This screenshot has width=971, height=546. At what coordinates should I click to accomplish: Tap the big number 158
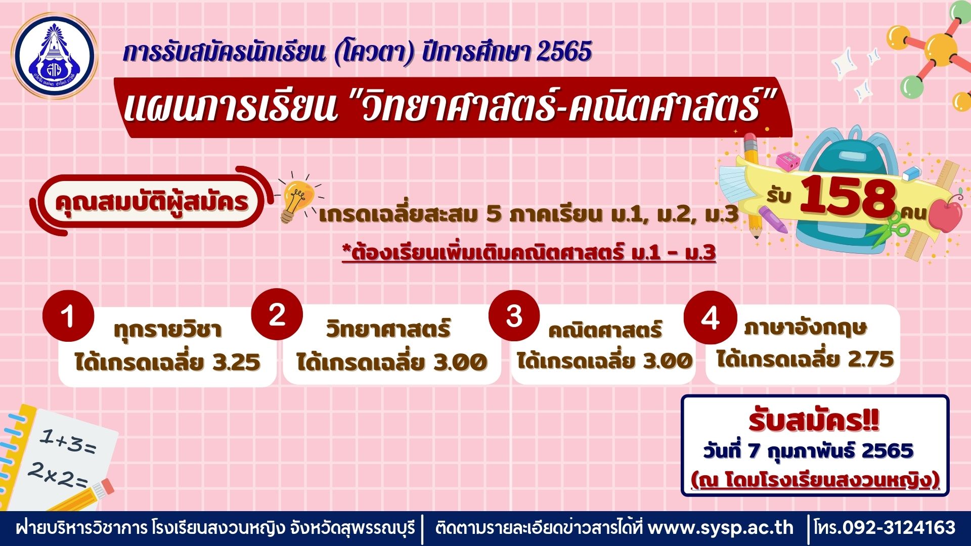848,198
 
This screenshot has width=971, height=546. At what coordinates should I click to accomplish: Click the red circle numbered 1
68,316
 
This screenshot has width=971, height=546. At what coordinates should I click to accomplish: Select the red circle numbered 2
277,314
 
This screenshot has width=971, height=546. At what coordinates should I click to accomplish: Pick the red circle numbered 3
514,316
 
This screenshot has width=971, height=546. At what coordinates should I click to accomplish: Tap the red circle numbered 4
710,318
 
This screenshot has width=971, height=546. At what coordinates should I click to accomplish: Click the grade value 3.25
237,362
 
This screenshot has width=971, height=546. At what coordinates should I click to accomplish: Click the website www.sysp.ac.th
721,528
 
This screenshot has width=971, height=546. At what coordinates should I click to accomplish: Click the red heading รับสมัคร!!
814,421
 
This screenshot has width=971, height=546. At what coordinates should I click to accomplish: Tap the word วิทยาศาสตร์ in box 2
388,329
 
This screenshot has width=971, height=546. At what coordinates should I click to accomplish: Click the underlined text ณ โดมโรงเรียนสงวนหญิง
815,480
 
